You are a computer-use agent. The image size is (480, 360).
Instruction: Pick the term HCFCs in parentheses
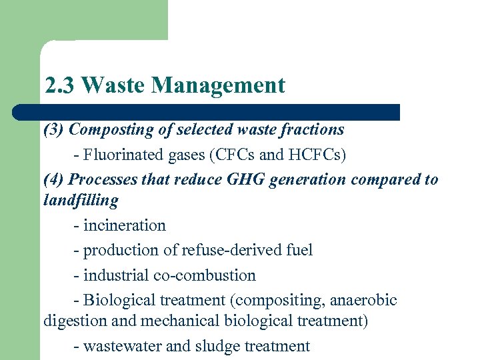[315, 155]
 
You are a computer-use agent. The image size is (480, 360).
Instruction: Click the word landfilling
[81, 200]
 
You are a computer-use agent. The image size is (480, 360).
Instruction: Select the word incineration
[125, 225]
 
